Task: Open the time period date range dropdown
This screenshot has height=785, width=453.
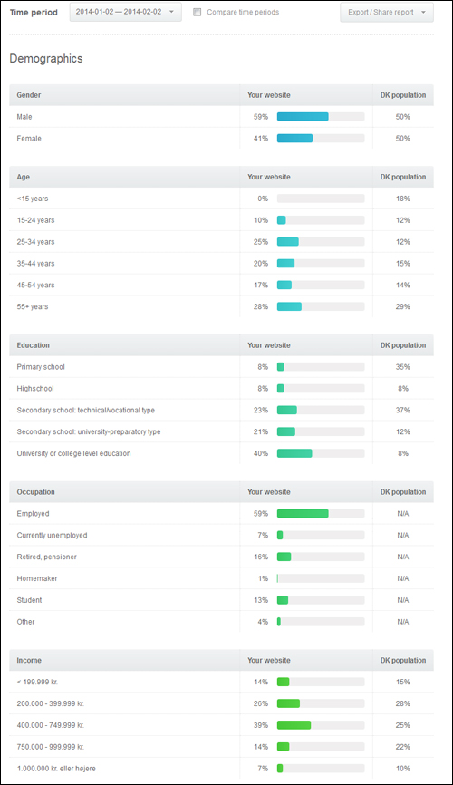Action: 125,12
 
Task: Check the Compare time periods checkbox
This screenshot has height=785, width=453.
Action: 198,12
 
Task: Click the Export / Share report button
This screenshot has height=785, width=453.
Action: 387,12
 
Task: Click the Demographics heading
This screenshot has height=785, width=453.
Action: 46,59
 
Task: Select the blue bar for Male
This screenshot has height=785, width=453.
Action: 303,117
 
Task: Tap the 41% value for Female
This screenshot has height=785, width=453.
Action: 261,138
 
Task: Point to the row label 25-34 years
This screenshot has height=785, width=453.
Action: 35,242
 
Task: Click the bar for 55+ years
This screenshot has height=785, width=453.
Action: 289,306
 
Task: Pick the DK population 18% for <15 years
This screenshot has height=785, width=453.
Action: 403,199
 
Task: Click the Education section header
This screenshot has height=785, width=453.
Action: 33,345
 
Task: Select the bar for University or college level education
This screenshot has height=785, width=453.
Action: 294,453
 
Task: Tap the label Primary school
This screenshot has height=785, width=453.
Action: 41,367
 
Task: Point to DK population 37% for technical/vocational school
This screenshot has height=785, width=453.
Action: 403,410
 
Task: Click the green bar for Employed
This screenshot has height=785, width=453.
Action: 303,514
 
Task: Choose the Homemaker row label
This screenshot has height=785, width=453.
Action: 37,578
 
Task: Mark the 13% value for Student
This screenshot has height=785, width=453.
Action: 261,600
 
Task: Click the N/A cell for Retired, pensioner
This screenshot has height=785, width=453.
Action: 403,557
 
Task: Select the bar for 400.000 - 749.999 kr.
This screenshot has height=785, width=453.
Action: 294,725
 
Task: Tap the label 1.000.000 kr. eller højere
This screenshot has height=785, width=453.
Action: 56,769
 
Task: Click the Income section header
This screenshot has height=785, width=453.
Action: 29,660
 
